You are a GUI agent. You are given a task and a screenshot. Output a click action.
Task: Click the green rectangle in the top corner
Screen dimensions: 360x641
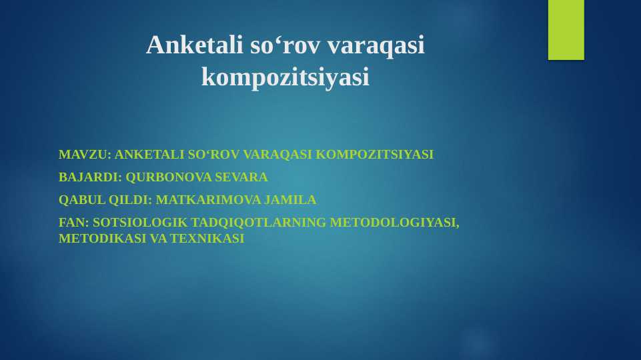(x=566, y=29)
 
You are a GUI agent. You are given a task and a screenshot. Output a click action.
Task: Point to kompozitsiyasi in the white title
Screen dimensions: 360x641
(x=285, y=77)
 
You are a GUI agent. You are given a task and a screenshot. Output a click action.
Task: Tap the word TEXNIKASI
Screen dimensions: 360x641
(x=207, y=238)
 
